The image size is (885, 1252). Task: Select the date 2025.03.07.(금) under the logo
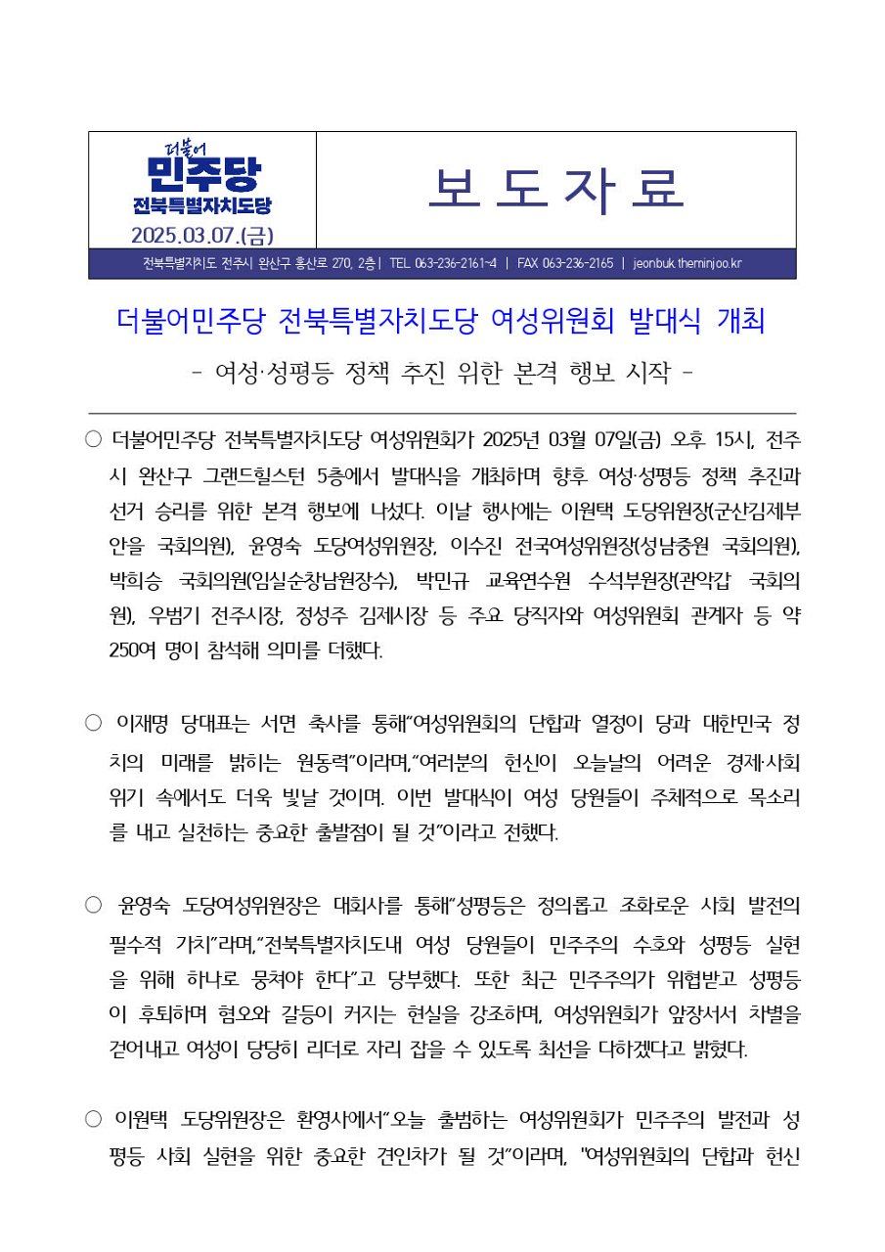pyautogui.click(x=201, y=235)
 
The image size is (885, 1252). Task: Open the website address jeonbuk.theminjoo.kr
pyautogui.click(x=687, y=263)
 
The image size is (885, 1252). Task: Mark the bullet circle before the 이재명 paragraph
pyautogui.click(x=94, y=724)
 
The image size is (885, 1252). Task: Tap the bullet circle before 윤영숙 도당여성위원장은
pyautogui.click(x=94, y=905)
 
